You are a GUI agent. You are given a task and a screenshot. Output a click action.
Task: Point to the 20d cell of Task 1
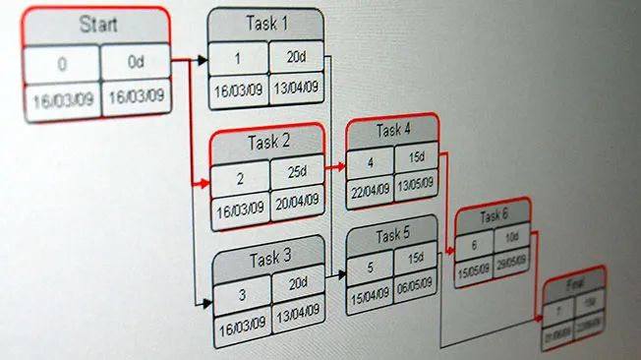click(x=294, y=57)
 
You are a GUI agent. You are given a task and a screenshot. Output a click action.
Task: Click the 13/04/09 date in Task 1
click(x=295, y=90)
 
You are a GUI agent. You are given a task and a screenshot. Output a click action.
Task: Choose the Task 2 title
click(x=267, y=142)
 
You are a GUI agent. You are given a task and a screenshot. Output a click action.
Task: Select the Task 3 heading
click(x=268, y=259)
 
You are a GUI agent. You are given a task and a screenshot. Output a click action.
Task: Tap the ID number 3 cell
click(x=242, y=292)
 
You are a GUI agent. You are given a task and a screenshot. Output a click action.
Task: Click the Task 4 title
click(x=392, y=130)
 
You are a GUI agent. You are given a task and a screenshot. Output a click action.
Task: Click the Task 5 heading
click(x=392, y=235)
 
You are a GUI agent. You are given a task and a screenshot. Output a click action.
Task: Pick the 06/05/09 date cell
click(x=416, y=292)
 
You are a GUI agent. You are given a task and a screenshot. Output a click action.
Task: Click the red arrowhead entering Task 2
click(x=204, y=183)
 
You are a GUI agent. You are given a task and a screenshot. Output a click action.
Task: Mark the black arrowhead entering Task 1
click(x=203, y=60)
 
